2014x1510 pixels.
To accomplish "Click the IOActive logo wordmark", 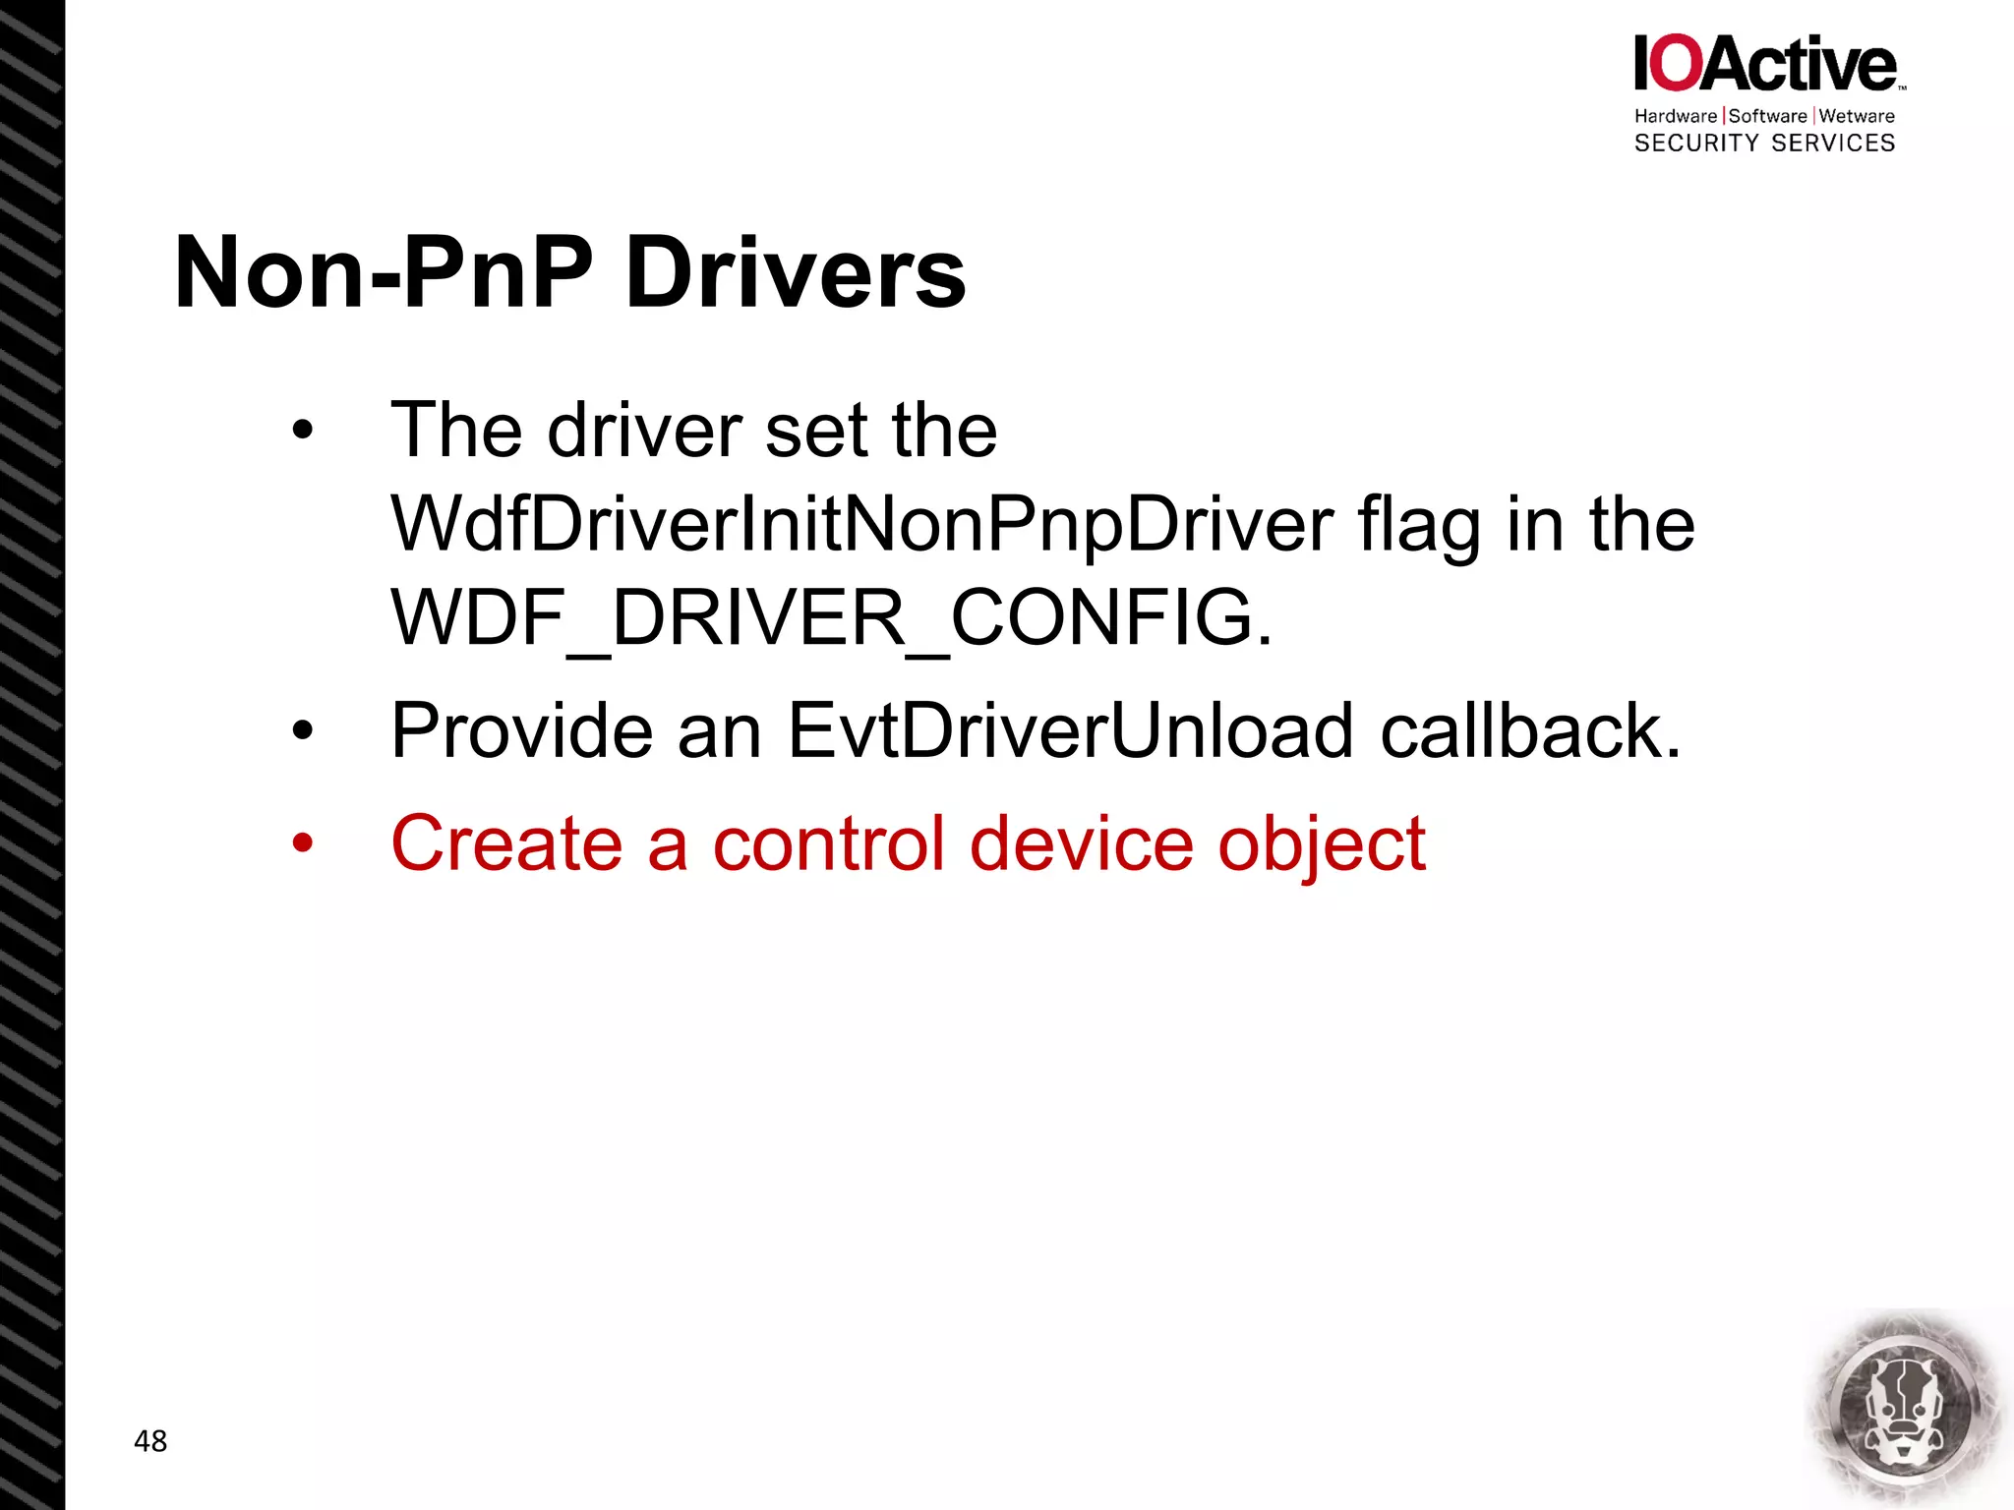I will (1766, 64).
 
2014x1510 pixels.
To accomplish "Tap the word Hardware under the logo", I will (1675, 116).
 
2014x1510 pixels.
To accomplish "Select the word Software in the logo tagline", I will (1767, 116).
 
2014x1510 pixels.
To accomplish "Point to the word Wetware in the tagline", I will (1857, 116).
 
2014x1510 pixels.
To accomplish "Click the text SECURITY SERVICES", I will (1764, 144).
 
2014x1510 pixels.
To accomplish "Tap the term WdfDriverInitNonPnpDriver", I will (861, 524).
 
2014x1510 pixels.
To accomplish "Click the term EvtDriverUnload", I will (1071, 730).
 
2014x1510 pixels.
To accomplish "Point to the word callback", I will (1530, 730).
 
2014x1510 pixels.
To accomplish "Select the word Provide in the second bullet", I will (521, 730).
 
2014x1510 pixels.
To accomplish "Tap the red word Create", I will (506, 843).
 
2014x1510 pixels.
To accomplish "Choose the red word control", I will (828, 843).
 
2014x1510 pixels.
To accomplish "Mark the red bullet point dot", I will (302, 843).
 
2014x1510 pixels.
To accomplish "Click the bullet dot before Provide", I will (302, 730).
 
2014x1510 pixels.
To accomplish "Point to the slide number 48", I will (150, 1441).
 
